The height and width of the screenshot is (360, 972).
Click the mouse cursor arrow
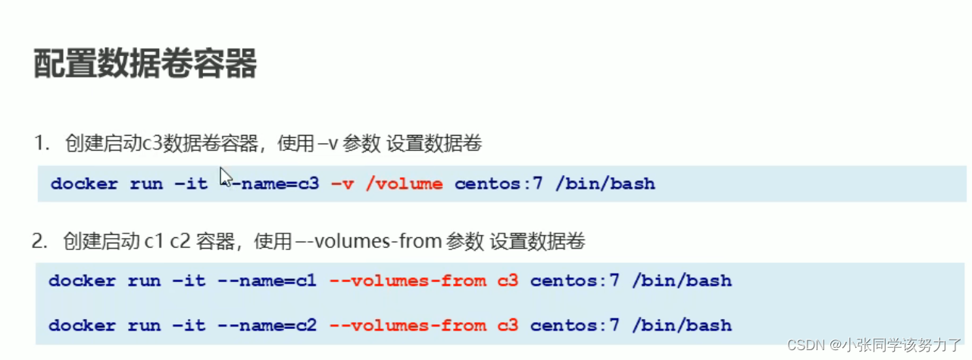coord(226,177)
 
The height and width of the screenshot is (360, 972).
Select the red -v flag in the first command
coord(341,183)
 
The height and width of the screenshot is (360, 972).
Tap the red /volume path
coord(404,183)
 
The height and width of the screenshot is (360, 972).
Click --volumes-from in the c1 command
coord(408,281)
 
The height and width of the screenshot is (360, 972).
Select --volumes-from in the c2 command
coord(408,326)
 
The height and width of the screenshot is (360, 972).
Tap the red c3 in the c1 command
coord(508,281)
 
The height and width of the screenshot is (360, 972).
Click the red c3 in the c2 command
coord(508,326)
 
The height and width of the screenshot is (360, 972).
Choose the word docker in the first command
coord(84,183)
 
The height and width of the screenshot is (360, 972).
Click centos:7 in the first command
coord(499,183)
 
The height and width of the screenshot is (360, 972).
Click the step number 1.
coord(39,144)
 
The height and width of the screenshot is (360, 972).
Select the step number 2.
coord(39,242)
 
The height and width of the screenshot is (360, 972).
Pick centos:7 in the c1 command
coord(574,281)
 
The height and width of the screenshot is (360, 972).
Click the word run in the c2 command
coord(144,326)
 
